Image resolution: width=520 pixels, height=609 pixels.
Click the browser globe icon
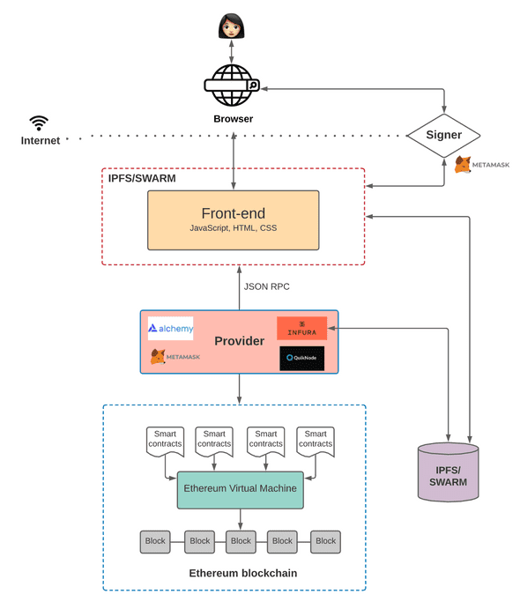(x=233, y=85)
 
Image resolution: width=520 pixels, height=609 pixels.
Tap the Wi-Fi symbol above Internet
(x=39, y=123)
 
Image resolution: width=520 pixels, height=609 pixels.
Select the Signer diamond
(x=443, y=136)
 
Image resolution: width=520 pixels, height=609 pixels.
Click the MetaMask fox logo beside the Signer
(x=463, y=165)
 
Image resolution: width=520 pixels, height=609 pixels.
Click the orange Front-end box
(x=233, y=220)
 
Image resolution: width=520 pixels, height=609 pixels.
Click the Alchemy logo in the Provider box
(x=171, y=329)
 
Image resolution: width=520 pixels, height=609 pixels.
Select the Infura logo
(x=301, y=328)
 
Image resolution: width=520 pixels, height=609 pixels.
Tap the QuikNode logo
(x=301, y=358)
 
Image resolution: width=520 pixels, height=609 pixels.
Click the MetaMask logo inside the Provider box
(x=175, y=357)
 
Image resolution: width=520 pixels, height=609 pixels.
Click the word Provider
(x=239, y=340)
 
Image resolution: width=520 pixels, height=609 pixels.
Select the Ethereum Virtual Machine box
(x=240, y=488)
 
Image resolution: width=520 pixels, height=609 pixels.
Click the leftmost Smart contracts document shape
(x=165, y=441)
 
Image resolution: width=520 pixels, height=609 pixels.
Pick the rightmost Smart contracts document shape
(x=316, y=441)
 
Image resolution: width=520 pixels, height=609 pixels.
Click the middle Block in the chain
(x=241, y=541)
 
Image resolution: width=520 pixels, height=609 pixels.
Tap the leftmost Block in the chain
(x=155, y=541)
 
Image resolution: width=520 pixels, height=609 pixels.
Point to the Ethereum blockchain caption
(x=242, y=573)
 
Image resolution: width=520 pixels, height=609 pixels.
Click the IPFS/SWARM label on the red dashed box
(x=141, y=178)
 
